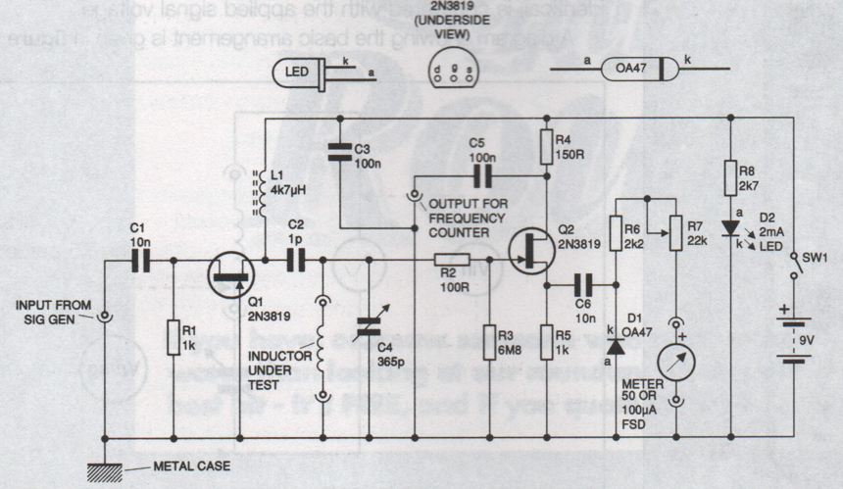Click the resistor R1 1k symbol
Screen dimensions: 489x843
pos(173,335)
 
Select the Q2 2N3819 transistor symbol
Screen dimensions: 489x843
pos(528,250)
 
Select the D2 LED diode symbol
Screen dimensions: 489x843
pos(730,228)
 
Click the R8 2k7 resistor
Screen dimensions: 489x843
pos(730,179)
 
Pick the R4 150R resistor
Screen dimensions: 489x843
pos(546,149)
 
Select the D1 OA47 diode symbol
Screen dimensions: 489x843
pos(616,346)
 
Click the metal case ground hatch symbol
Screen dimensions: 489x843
pos(104,471)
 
